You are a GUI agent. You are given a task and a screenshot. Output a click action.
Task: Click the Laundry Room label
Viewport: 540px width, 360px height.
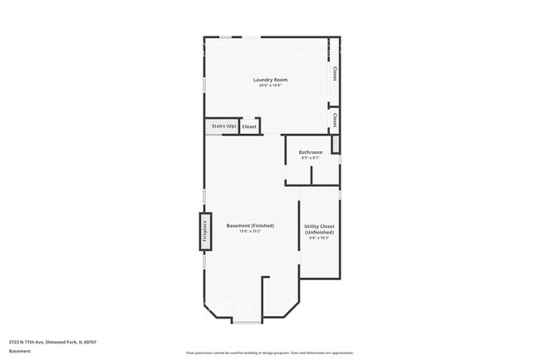271,80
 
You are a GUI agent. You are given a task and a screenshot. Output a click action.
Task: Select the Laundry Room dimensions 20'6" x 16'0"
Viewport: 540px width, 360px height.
271,86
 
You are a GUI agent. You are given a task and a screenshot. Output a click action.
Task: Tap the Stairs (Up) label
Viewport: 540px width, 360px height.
223,126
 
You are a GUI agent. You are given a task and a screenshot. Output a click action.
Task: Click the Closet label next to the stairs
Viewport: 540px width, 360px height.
249,126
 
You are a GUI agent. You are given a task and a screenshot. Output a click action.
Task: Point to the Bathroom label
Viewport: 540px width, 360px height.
311,152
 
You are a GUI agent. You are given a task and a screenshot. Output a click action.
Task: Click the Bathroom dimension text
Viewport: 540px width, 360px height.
311,158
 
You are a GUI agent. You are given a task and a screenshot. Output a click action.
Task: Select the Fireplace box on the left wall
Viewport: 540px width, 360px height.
204,231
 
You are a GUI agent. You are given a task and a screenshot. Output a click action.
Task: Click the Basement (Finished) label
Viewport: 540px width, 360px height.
250,225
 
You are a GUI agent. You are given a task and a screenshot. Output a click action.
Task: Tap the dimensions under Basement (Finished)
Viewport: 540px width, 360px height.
250,231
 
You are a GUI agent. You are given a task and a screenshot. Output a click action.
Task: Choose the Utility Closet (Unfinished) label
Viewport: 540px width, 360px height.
320,229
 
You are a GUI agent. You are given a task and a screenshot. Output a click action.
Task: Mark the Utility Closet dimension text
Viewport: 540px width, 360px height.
320,238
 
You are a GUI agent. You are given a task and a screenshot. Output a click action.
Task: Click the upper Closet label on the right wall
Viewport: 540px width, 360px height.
335,73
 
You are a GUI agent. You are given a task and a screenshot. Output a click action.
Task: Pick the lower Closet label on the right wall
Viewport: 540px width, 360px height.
335,120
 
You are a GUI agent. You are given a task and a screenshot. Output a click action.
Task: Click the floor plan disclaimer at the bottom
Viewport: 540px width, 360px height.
270,353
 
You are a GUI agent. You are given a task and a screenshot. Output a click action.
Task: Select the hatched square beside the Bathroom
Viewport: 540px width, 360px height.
336,145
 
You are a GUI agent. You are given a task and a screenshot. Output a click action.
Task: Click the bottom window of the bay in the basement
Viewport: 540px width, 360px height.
247,322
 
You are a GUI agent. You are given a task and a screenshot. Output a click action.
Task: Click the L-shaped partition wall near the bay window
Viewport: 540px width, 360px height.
265,295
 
